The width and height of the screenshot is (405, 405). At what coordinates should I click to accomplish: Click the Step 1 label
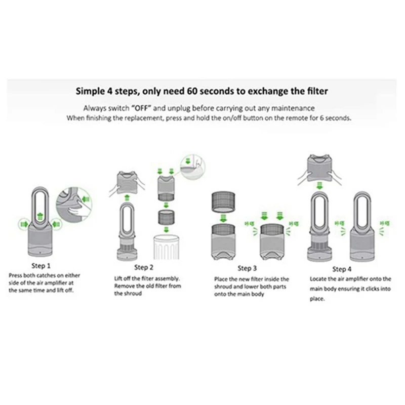42,265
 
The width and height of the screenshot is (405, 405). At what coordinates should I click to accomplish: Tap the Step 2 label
144,267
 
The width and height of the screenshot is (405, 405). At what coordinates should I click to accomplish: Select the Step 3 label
248,268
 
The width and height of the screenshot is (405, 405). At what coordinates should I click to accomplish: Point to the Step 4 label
343,269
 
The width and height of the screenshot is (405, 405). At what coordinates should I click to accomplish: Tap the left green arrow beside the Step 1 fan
23,223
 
